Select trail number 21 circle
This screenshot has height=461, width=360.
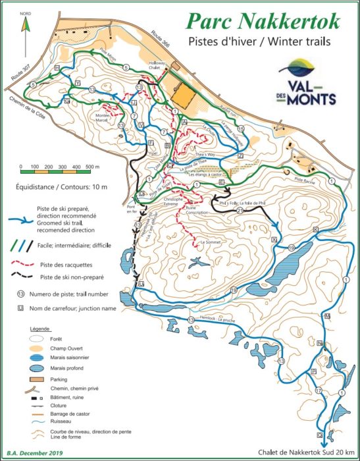(240, 211)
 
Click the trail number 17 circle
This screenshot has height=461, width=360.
(318, 390)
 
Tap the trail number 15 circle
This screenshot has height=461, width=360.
(242, 129)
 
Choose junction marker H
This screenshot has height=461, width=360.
(57, 68)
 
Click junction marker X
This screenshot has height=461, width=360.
(274, 241)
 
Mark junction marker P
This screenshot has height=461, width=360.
(314, 371)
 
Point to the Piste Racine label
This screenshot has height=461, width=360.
(305, 180)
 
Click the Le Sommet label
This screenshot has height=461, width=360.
(209, 243)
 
